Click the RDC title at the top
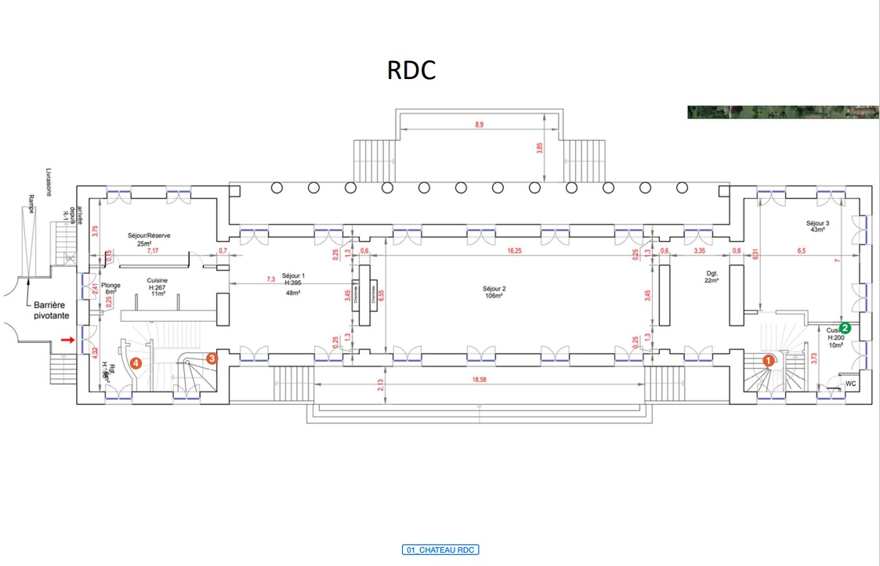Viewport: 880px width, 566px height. click(x=411, y=70)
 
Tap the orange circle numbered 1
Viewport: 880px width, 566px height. click(x=769, y=361)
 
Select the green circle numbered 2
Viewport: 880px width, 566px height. click(x=846, y=328)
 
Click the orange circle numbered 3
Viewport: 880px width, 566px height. click(x=212, y=358)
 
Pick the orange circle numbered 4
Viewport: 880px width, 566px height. click(x=136, y=363)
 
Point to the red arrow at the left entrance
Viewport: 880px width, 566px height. click(x=68, y=341)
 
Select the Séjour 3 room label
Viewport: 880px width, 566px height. click(x=817, y=223)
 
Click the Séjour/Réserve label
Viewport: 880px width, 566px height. click(x=150, y=235)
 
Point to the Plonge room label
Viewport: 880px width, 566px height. click(x=110, y=287)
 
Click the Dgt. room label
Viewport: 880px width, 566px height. click(x=712, y=274)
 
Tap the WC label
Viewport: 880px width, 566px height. click(x=850, y=384)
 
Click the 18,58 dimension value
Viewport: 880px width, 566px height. click(x=480, y=378)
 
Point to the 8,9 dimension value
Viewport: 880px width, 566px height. click(x=479, y=124)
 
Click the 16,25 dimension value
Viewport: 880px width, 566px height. click(x=515, y=251)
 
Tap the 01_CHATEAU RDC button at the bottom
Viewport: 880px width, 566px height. click(x=440, y=550)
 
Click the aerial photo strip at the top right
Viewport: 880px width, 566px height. click(x=784, y=112)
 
